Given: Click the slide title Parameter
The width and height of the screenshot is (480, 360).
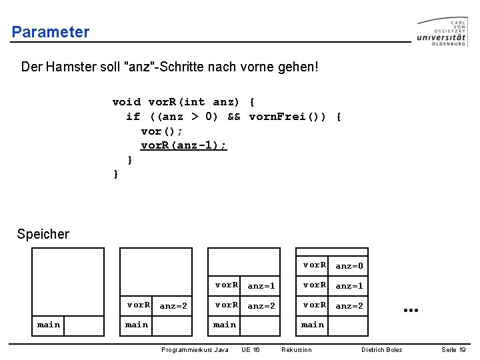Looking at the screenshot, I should tap(51, 32).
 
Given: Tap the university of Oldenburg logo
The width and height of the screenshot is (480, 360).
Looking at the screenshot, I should tap(442, 31).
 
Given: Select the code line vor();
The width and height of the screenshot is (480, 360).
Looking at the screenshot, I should tap(162, 131).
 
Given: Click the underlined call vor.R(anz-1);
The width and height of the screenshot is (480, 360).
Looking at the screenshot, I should tap(184, 145).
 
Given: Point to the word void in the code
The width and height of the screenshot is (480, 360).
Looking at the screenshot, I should tap(127, 102).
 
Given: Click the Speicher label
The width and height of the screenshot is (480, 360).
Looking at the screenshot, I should tap(43, 234).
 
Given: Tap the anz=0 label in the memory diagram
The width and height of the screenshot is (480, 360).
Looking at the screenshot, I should tap(349, 266).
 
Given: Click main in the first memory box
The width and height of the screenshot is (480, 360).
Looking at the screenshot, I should tap(49, 325).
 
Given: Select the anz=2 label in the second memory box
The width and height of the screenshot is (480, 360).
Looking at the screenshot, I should tap(174, 306).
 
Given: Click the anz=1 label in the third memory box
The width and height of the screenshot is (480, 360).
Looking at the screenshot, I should tap(261, 286).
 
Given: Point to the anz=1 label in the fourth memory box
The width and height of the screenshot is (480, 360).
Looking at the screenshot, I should tap(349, 286).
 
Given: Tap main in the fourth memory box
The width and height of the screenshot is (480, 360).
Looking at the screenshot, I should tap(313, 325).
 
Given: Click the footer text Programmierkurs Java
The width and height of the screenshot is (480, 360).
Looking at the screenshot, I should tap(195, 350).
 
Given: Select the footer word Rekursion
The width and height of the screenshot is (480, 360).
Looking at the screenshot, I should tap(297, 350).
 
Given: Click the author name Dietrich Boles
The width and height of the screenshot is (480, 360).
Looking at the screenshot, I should tap(382, 350).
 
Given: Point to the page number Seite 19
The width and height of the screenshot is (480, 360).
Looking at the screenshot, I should tap(453, 350).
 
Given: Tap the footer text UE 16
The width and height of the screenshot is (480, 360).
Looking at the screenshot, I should tap(251, 350).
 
